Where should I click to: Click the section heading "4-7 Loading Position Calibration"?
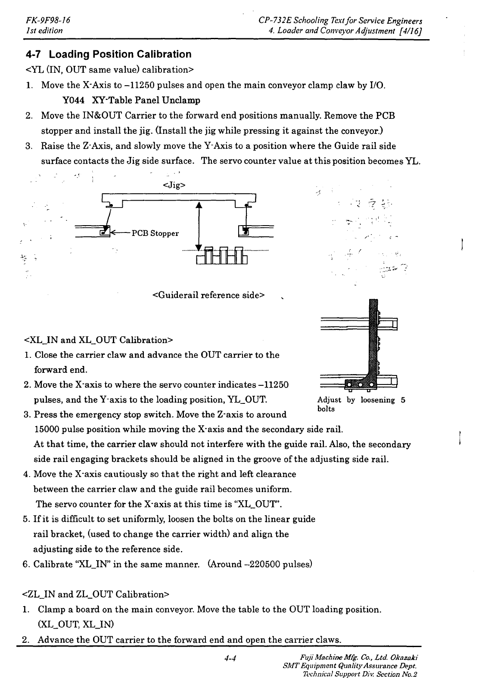[x=108, y=55]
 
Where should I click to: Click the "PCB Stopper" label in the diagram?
[x=155, y=233]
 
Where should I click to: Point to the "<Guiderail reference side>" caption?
[x=208, y=295]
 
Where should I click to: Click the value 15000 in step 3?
[x=47, y=430]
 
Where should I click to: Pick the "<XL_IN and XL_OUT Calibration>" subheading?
[x=99, y=340]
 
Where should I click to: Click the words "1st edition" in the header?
[x=44, y=31]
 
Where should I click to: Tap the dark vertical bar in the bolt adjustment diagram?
[x=373, y=340]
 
